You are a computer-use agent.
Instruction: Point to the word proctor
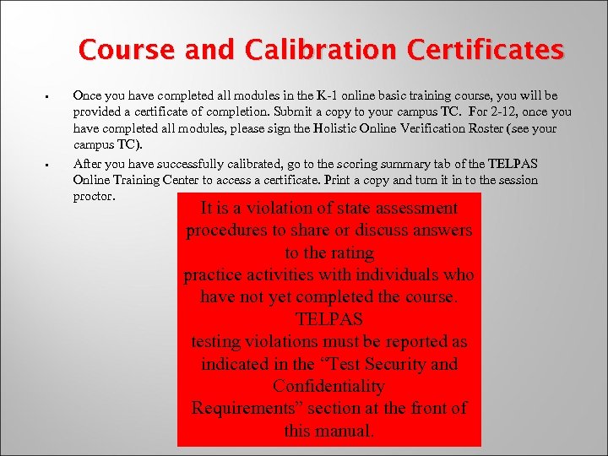tap(94, 196)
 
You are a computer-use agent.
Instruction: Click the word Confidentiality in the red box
tap(328, 387)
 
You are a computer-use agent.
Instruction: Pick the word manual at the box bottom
tap(344, 431)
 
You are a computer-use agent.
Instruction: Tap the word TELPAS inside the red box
tap(328, 320)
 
